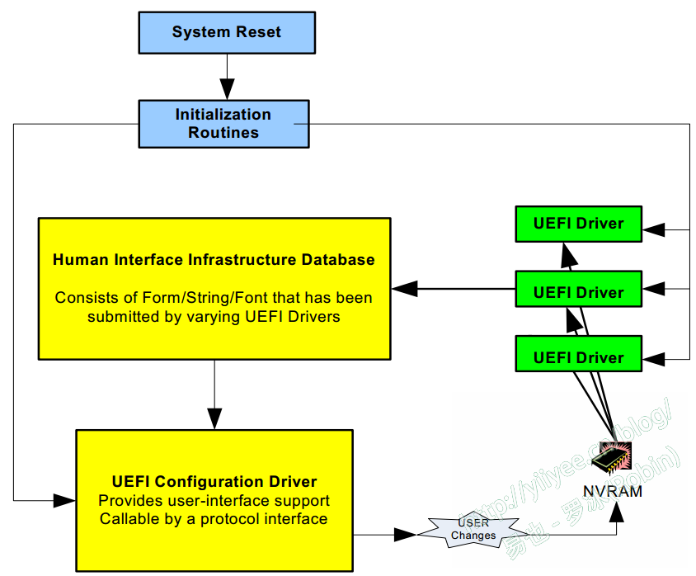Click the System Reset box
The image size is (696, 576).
(227, 33)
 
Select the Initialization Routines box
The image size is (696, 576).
(223, 124)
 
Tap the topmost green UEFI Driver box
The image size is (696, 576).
(578, 223)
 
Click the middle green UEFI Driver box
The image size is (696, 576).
(578, 292)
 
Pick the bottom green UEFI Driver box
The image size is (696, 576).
(578, 357)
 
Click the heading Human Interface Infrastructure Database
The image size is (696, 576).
(214, 260)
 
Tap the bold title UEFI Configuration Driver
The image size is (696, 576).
(214, 482)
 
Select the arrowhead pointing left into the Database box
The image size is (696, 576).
(404, 289)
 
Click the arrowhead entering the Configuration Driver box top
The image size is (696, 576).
(214, 418)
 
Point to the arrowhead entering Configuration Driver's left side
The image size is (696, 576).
(64, 500)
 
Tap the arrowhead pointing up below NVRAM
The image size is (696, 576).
(617, 512)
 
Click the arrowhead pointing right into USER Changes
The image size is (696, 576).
(405, 535)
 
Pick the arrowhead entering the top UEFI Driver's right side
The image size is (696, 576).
(653, 229)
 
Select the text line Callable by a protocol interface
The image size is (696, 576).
(214, 519)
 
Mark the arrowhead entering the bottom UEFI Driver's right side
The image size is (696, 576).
(653, 359)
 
